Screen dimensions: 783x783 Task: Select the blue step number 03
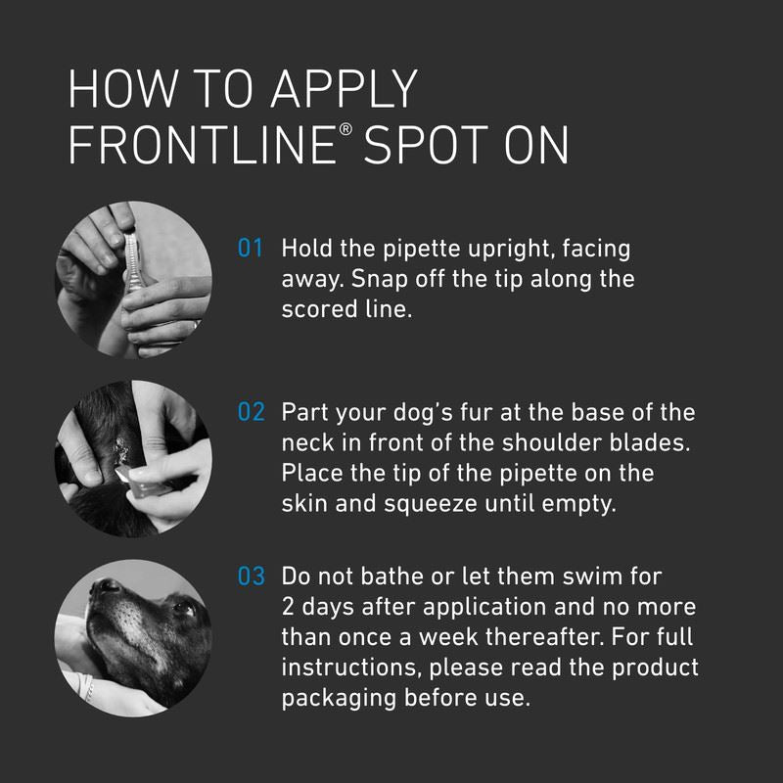251,576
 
